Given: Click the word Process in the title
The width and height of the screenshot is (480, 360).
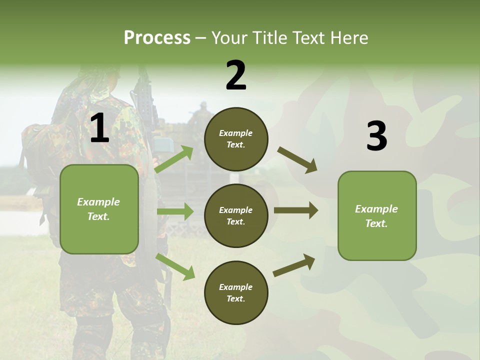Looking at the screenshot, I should (x=157, y=37).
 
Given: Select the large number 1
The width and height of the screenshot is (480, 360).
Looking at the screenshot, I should (x=99, y=128).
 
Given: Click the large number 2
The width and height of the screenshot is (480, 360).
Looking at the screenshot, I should (x=236, y=75).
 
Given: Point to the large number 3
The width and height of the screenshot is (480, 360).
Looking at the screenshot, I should (x=376, y=136).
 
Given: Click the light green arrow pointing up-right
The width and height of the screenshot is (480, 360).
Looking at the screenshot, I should (x=174, y=159).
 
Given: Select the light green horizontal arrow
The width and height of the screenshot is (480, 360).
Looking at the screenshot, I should (x=175, y=211).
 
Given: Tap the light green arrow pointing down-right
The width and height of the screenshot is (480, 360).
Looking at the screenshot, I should (x=175, y=266).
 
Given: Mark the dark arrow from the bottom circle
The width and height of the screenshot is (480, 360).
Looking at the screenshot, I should (x=294, y=265).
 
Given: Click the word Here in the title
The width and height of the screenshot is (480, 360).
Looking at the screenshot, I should (x=349, y=37).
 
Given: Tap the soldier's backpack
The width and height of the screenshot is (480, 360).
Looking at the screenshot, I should (x=37, y=150).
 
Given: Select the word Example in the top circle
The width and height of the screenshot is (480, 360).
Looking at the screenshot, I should (x=235, y=133).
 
